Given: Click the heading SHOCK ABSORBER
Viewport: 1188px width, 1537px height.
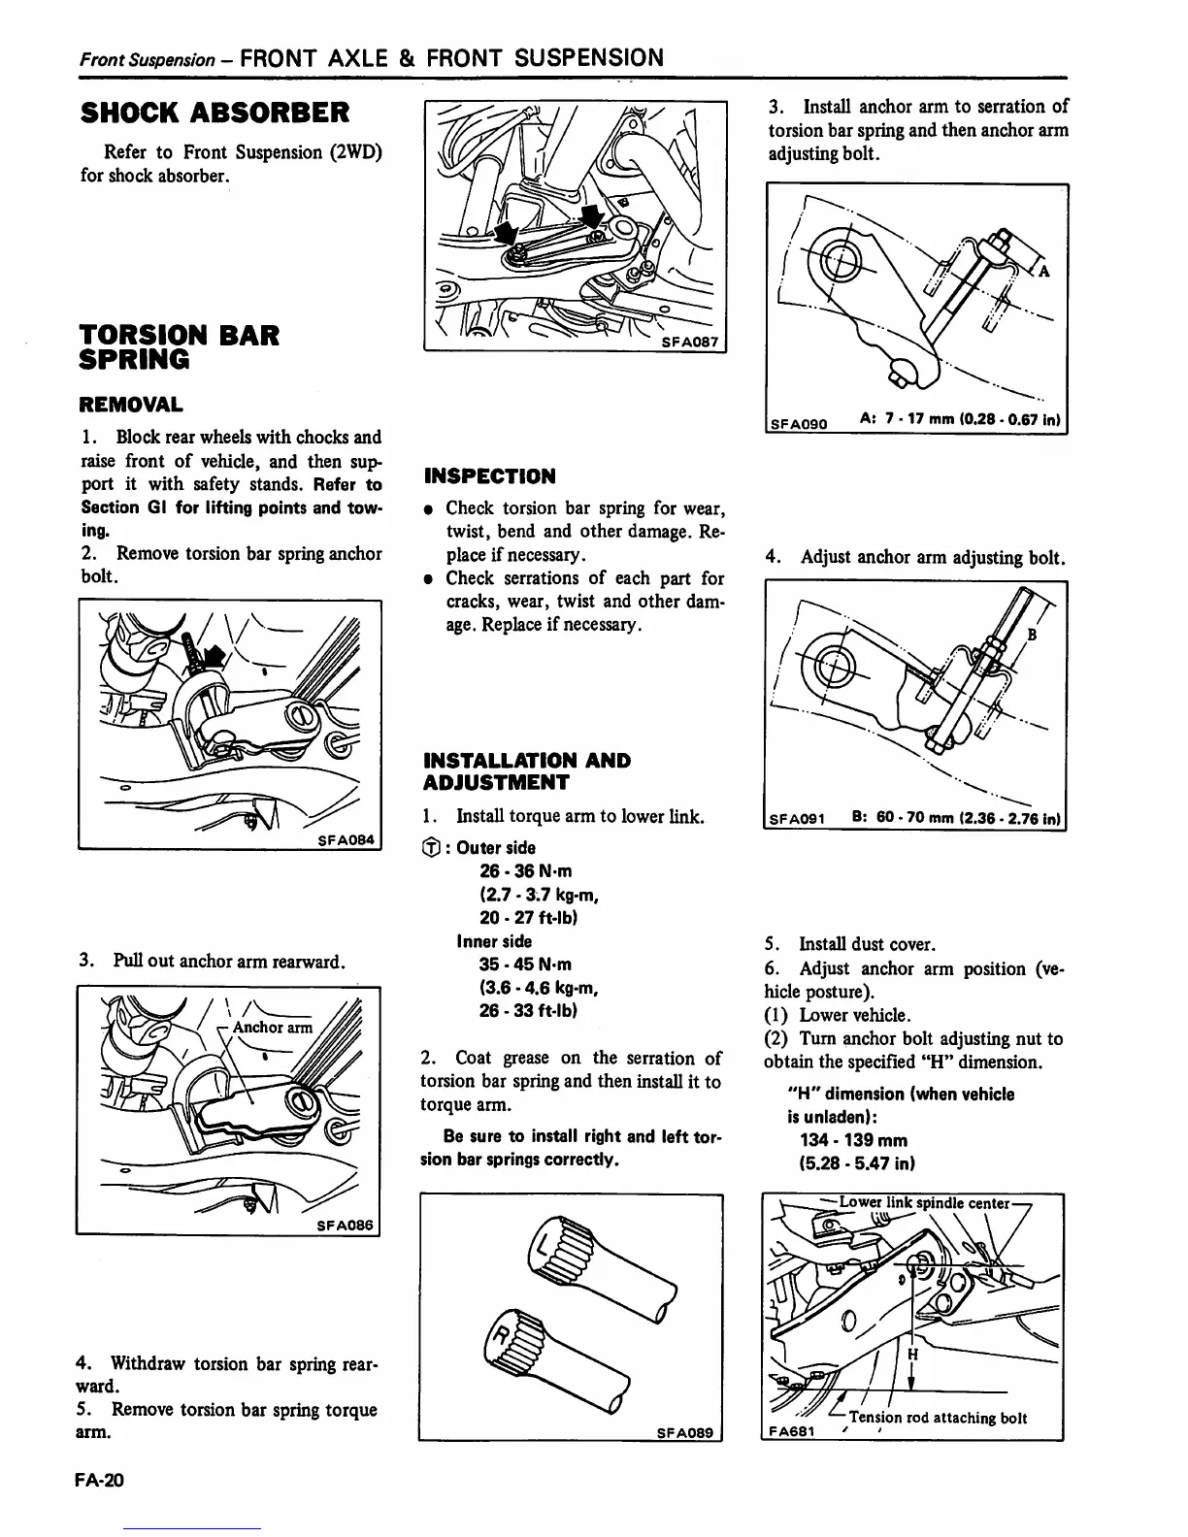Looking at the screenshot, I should click(214, 113).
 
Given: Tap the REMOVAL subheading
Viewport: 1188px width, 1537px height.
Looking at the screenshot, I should click(131, 405).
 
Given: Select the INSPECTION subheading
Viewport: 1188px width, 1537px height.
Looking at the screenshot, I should click(490, 476).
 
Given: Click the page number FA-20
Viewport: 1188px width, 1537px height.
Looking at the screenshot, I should click(102, 1481).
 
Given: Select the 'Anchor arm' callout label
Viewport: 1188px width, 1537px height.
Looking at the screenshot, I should click(273, 1028).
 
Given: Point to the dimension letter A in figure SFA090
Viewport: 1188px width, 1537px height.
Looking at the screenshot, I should click(1044, 271).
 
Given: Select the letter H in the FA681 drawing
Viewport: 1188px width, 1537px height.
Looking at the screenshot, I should click(911, 1354).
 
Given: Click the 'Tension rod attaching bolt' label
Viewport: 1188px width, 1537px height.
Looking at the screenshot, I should click(938, 1418).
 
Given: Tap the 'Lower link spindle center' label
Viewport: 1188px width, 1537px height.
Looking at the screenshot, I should click(925, 1204).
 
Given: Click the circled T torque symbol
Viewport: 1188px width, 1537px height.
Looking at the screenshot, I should click(433, 848).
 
